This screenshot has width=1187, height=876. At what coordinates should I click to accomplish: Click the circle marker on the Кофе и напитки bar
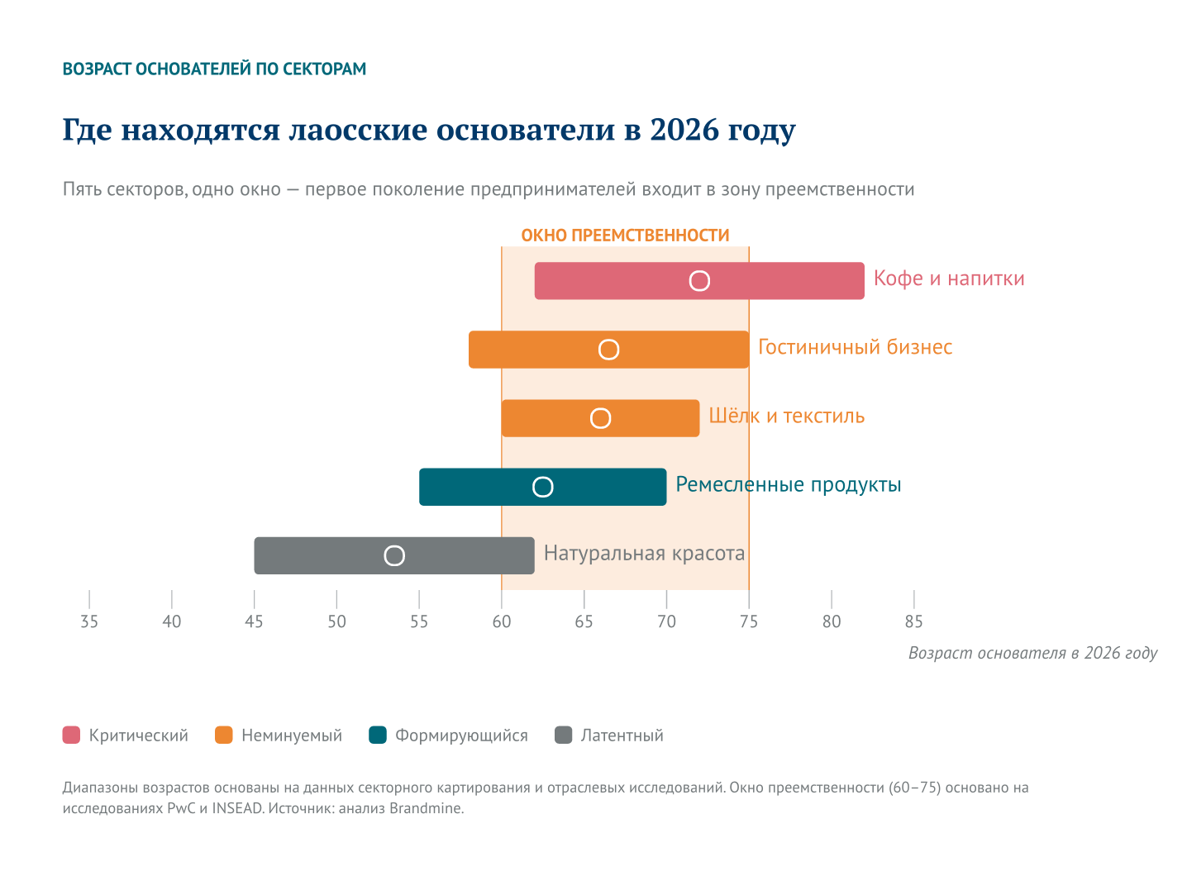tap(699, 281)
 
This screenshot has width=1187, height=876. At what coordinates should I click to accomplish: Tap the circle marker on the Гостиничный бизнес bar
tap(608, 350)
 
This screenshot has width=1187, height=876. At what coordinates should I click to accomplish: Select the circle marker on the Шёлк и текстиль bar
tap(600, 418)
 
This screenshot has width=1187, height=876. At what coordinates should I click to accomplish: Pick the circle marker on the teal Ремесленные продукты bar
tap(542, 487)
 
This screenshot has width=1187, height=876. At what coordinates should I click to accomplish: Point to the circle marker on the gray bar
tap(394, 555)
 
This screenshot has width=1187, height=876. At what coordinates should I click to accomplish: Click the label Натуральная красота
tap(644, 554)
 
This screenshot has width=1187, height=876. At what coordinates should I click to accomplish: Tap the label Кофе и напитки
tap(948, 279)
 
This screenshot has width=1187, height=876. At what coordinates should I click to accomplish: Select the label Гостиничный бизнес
tap(855, 347)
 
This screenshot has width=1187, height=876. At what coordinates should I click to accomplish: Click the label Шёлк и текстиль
tap(786, 416)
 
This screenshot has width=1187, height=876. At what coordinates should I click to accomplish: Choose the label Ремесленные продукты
tap(788, 484)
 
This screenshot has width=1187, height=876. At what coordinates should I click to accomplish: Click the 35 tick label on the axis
tap(89, 622)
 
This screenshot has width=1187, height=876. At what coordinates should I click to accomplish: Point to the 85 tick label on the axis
tap(913, 622)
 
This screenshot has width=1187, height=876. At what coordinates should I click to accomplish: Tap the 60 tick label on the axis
tap(502, 622)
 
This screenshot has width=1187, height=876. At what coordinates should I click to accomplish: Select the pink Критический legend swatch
tap(72, 735)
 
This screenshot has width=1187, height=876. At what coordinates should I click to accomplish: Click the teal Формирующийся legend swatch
tap(378, 735)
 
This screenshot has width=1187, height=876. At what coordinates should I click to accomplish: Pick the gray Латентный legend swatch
tap(563, 735)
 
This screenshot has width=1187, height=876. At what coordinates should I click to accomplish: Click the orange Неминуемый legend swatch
tap(224, 735)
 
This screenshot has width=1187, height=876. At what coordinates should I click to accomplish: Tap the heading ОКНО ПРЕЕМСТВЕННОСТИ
tap(625, 236)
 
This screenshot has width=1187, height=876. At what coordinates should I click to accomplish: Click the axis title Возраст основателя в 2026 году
tap(1032, 653)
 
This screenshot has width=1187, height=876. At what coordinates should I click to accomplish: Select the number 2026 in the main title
tap(684, 131)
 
